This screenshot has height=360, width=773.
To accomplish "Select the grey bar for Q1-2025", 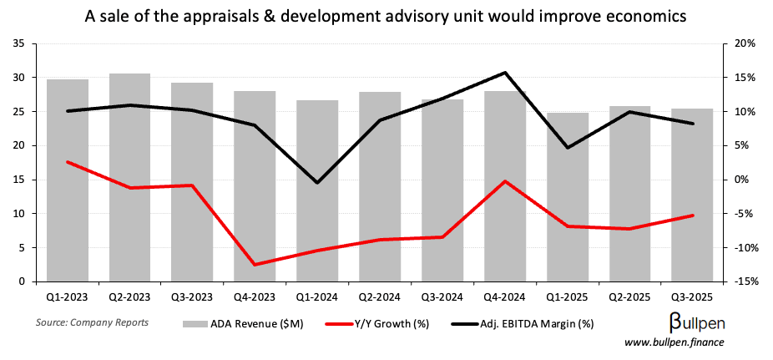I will (x=568, y=197).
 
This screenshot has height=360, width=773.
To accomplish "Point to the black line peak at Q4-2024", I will (x=505, y=73).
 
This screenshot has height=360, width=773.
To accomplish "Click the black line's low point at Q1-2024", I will (x=317, y=182).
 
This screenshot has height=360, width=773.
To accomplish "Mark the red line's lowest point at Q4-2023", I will (x=255, y=265).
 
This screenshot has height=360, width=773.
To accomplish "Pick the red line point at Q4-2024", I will (x=505, y=181).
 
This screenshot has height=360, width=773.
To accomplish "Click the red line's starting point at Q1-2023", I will (x=68, y=162).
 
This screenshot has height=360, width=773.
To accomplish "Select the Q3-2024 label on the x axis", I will (x=442, y=297).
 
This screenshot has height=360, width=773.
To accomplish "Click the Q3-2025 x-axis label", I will (x=692, y=297).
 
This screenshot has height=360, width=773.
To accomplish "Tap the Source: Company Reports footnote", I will (x=92, y=322).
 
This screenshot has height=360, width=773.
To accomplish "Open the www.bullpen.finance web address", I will (x=675, y=342).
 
